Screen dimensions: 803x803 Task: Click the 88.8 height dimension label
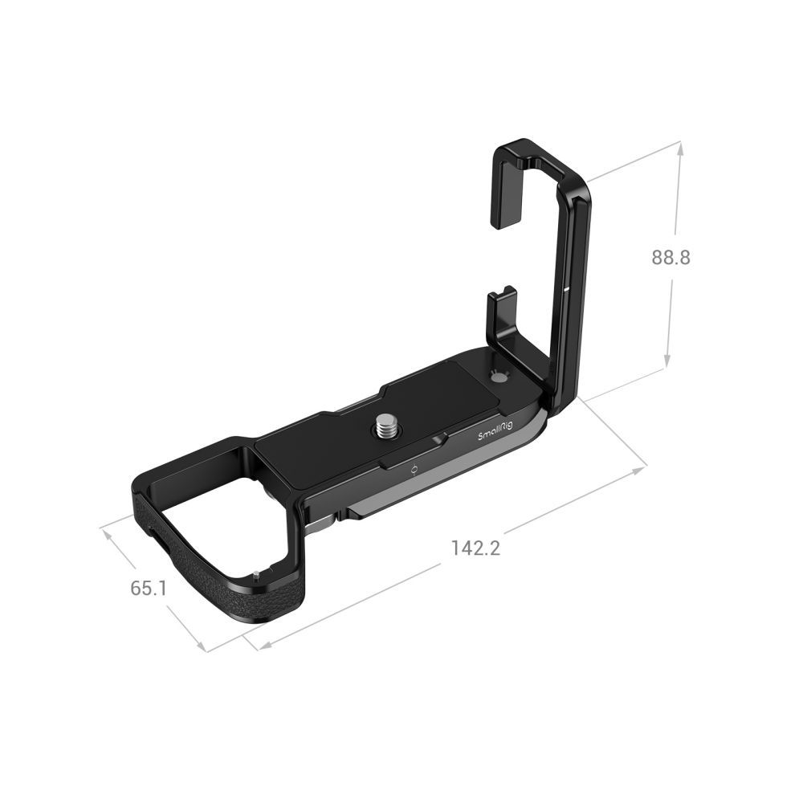click(671, 258)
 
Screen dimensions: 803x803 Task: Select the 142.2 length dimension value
click(475, 548)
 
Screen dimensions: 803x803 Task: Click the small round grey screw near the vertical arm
click(499, 377)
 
